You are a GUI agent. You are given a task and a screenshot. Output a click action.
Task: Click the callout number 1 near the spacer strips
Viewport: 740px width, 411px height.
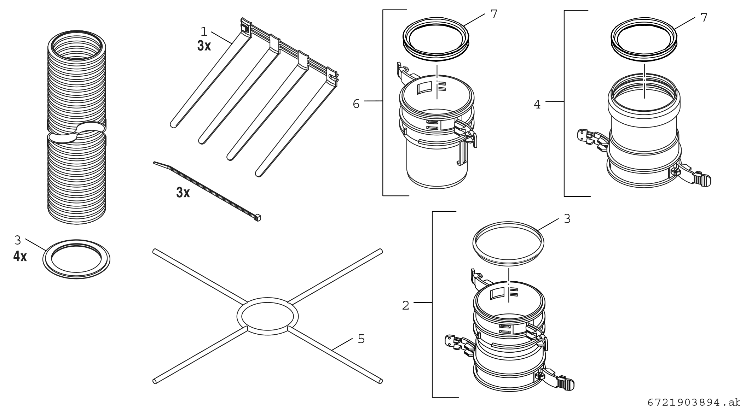pos(204,32)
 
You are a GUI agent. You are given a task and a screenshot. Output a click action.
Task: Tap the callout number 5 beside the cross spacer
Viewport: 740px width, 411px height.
pos(361,339)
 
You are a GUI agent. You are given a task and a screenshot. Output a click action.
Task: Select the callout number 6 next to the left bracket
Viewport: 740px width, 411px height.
pos(356,104)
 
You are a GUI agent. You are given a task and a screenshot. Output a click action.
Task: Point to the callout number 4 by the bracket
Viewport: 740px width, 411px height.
pos(537,105)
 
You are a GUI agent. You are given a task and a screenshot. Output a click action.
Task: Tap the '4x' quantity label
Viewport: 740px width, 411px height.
pos(20,256)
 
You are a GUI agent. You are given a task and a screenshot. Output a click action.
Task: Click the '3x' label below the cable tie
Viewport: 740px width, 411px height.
pos(183,193)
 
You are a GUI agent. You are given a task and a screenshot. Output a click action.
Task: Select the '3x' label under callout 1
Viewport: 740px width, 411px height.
pos(204,46)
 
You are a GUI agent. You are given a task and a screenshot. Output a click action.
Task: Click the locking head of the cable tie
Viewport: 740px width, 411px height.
pos(257,218)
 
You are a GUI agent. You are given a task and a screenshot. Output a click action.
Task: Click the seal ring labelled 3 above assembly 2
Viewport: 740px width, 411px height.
pos(508,243)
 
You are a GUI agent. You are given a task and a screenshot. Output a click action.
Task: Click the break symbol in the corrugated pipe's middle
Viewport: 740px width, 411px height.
pos(76,133)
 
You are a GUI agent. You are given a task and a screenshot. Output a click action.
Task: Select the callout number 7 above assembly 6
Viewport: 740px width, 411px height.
pos(494,14)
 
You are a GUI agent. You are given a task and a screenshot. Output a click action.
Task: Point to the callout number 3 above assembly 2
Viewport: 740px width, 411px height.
pos(567,219)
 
